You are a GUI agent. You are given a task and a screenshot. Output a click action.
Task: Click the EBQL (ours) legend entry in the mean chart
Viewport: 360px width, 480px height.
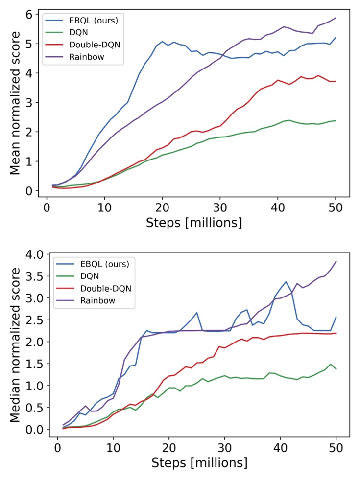[x=81, y=21]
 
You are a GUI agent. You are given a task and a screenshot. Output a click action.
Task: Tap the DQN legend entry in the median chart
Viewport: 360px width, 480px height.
[x=83, y=276]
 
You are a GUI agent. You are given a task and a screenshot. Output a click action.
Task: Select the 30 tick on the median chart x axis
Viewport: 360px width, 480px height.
[x=224, y=446]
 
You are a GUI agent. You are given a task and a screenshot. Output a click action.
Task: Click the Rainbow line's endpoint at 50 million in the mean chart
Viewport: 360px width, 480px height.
[x=336, y=18]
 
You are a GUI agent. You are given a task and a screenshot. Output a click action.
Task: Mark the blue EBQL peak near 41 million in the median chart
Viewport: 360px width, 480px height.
[x=286, y=282]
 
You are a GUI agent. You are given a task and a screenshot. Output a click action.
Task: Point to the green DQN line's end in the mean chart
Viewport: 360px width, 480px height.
[x=336, y=121]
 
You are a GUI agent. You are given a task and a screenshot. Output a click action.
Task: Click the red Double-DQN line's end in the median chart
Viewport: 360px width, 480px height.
[x=336, y=333]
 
